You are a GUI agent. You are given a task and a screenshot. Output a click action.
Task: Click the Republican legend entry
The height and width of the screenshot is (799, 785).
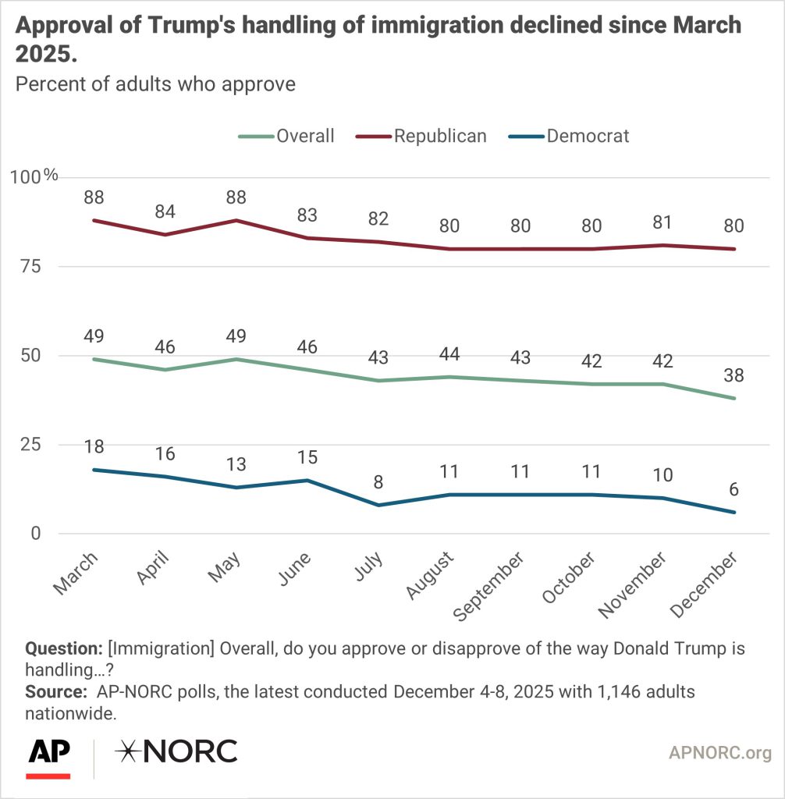[439, 136]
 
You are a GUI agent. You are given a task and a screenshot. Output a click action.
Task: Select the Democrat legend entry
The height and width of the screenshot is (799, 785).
[587, 136]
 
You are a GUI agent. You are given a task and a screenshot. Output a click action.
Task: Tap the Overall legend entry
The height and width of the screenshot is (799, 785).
[304, 136]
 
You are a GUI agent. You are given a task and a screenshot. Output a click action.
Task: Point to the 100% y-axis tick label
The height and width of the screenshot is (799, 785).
[34, 176]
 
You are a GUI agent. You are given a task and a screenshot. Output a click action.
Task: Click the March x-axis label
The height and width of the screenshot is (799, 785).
[77, 574]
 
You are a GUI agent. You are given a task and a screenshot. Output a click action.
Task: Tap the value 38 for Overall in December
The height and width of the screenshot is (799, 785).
[734, 375]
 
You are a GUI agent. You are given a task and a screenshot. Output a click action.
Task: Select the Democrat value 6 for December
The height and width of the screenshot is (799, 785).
[734, 489]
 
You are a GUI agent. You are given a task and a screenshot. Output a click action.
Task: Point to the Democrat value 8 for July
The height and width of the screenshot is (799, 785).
[378, 482]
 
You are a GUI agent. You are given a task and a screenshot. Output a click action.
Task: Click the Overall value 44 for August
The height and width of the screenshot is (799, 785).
[449, 354]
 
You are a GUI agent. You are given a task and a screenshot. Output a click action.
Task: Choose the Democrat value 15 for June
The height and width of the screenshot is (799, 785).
[307, 457]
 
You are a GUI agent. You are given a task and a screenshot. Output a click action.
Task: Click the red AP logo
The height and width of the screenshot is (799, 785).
[49, 757]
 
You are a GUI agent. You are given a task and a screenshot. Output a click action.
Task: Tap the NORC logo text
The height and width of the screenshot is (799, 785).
[176, 751]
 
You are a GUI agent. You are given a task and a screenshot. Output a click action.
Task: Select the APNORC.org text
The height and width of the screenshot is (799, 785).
[720, 753]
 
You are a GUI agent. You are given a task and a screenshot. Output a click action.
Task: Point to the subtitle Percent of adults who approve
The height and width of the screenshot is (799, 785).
[155, 83]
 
